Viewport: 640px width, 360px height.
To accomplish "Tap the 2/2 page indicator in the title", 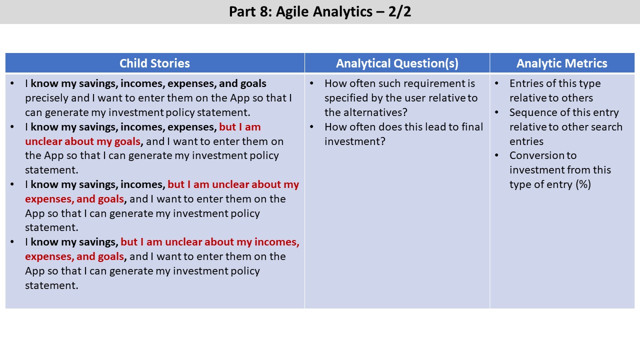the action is click(399, 11).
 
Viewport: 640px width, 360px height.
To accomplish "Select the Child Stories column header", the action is click(154, 63).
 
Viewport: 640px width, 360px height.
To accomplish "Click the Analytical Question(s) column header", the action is click(397, 63).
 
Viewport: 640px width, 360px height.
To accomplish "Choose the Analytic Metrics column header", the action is click(562, 63).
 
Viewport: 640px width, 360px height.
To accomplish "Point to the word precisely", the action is click(46, 98).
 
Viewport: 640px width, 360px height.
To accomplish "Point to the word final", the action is click(472, 126).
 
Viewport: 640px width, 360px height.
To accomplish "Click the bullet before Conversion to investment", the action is click(496, 155).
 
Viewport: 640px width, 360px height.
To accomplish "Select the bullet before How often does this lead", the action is click(311, 126).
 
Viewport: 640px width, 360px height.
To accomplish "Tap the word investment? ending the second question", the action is click(355, 141).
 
